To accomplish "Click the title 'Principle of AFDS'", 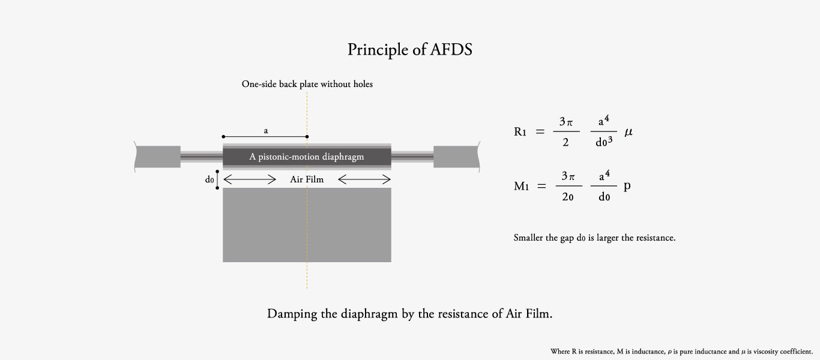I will tap(410, 49).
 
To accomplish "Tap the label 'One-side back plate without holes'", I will tap(307, 84).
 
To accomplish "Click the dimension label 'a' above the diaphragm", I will tap(265, 130).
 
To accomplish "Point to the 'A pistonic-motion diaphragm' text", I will tap(307, 157).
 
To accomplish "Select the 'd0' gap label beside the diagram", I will tap(209, 179).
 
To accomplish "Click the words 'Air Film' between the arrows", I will tap(307, 179).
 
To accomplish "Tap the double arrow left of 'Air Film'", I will tap(250, 179).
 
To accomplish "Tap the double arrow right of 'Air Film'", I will tap(364, 179).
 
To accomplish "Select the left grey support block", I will tap(158, 157).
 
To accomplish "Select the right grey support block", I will tap(456, 157).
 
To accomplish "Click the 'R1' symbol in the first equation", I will tap(520, 131).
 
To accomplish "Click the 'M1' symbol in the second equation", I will tap(521, 186).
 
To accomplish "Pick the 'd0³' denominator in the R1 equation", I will tap(603, 142).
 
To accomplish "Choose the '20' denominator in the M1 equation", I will tap(567, 197).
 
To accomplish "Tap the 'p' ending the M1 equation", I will tap(627, 186).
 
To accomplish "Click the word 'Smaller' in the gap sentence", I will tap(528, 238).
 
